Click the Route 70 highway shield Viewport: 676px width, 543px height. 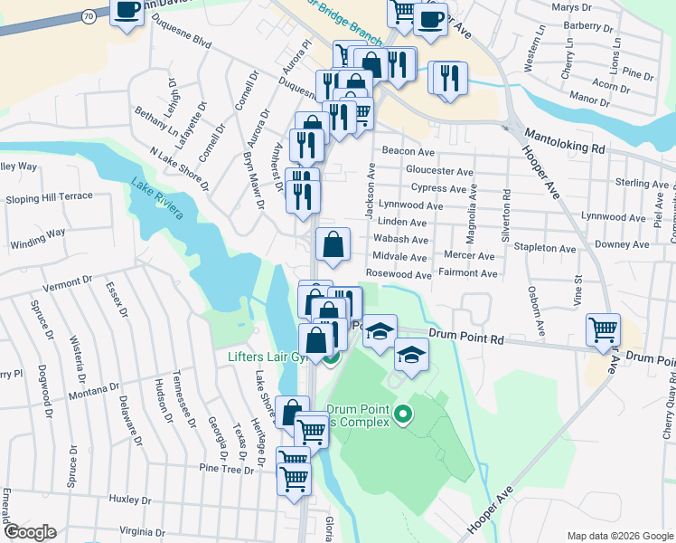[x=88, y=16]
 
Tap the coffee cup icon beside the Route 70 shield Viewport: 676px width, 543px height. [x=127, y=12]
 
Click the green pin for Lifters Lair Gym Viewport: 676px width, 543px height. [x=331, y=357]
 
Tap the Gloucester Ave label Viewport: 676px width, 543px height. [x=439, y=171]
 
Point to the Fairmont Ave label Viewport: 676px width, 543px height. [x=466, y=273]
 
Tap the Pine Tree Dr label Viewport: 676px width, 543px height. [x=227, y=470]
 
